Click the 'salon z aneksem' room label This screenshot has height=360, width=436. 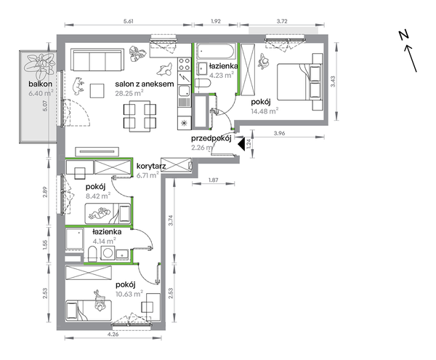coord(145,84)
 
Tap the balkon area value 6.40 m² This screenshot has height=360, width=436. coord(41,93)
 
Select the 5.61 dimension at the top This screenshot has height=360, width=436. coord(128,21)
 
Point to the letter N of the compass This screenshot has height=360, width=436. coord(403,35)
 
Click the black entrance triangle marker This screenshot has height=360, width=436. coord(241,144)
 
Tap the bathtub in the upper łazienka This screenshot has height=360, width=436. coord(216,51)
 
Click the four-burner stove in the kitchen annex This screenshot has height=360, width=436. coord(184,64)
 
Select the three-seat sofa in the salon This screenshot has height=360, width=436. coord(97,60)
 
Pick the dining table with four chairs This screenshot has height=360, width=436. coord(140,116)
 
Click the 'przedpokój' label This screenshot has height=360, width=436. coord(211,139)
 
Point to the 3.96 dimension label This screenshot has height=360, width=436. coord(280,133)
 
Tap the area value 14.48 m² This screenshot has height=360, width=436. coord(265,111)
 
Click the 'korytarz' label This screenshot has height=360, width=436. coord(151,167)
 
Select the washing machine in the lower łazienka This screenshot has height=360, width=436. coord(108,253)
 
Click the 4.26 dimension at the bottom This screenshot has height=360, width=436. coord(113,334)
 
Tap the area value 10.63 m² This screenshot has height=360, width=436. coord(129,294)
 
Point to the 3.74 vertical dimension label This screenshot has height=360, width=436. coord(171,220)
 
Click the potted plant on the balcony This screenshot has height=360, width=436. coord(39,65)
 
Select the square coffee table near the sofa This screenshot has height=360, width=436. coord(97,90)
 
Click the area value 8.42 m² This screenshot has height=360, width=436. coord(98,196)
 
